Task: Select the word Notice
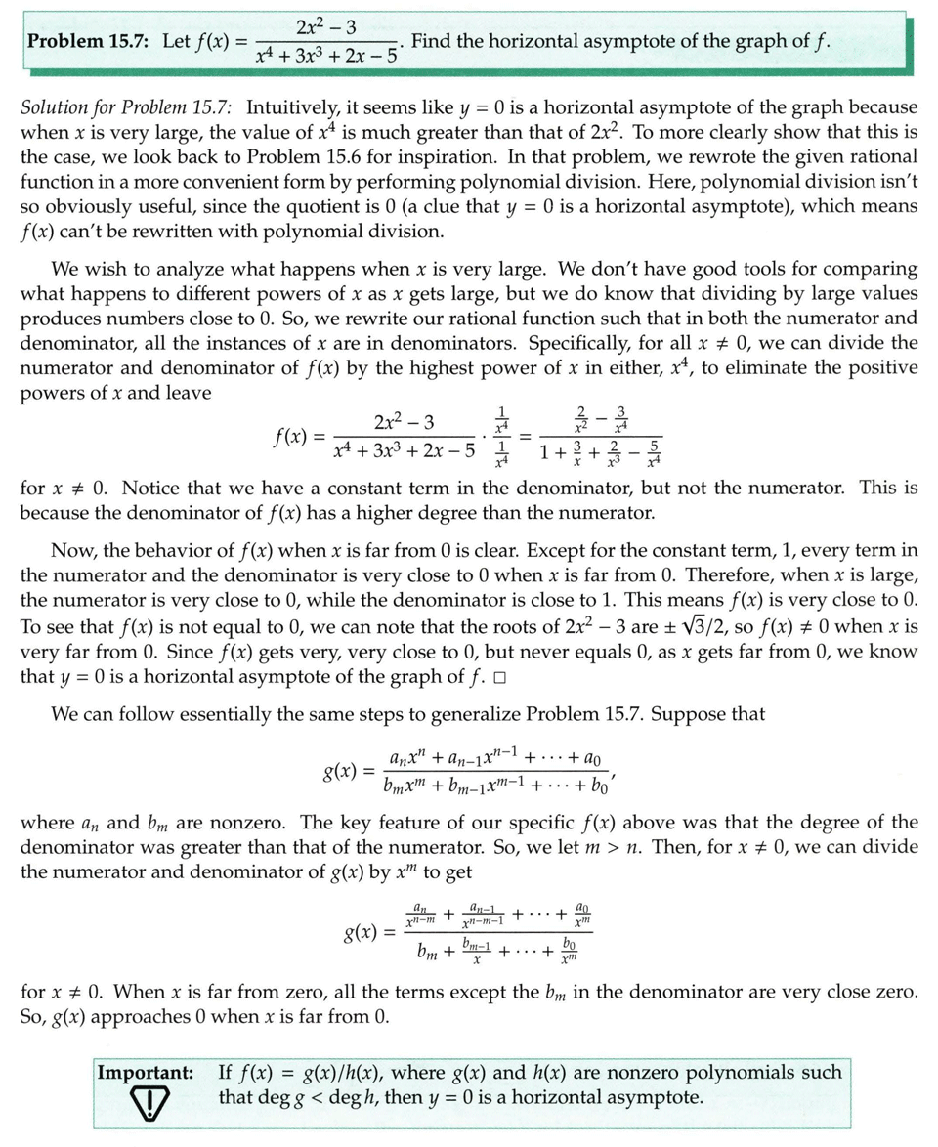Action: (x=159, y=487)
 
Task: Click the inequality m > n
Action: (x=634, y=846)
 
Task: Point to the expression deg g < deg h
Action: (x=299, y=1097)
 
